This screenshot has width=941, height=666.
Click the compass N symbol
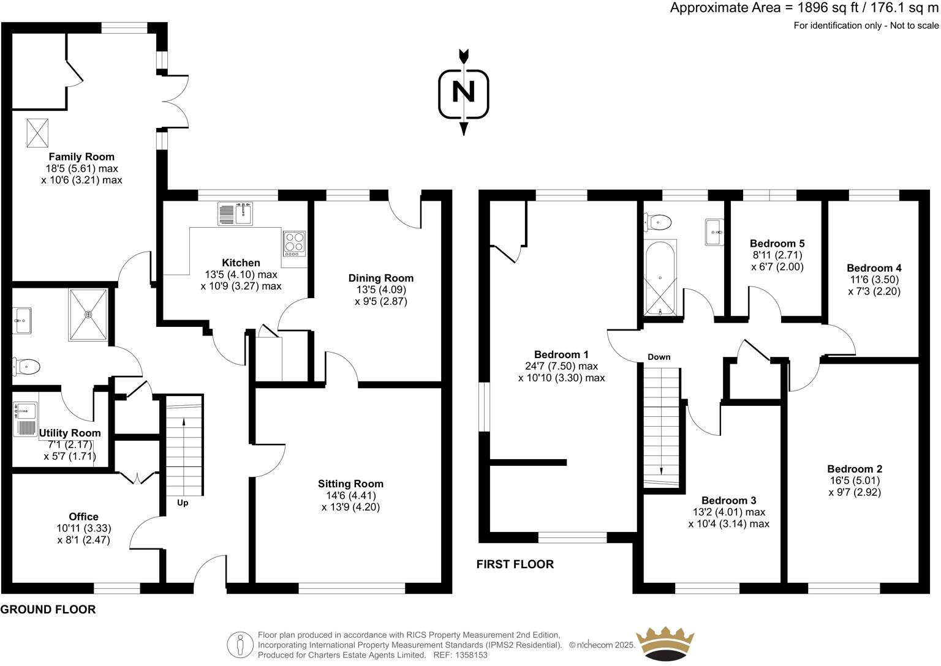pyautogui.click(x=464, y=92)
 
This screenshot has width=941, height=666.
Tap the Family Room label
pyautogui.click(x=81, y=157)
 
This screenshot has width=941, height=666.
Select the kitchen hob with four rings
pyautogui.click(x=294, y=243)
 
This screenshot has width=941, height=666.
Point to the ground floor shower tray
pyautogui.click(x=89, y=314)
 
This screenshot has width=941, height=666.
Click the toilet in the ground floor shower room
pyautogui.click(x=27, y=367)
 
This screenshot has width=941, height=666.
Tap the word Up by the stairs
pyautogui.click(x=183, y=503)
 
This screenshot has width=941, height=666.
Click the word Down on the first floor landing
pyautogui.click(x=659, y=357)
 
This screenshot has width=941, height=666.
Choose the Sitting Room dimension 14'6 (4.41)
pyautogui.click(x=350, y=495)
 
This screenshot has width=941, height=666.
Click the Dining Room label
pyautogui.click(x=381, y=278)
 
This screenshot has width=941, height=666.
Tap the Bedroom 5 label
pyautogui.click(x=777, y=244)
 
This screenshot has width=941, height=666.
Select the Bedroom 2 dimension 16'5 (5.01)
pyautogui.click(x=855, y=481)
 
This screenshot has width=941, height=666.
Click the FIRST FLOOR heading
pyautogui.click(x=515, y=564)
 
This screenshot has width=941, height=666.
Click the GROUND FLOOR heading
pyautogui.click(x=48, y=610)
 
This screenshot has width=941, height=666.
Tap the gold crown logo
pyautogui.click(x=665, y=643)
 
